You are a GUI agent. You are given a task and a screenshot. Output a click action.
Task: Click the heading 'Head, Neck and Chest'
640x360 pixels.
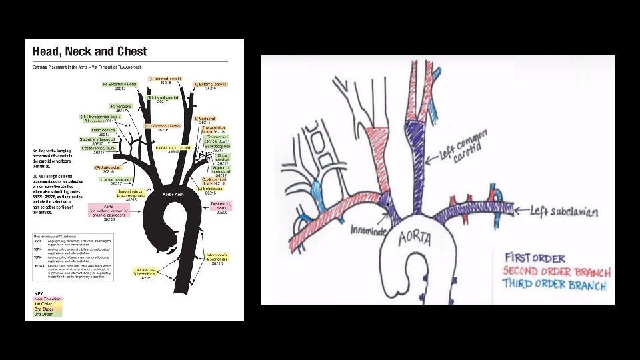coord(86,51)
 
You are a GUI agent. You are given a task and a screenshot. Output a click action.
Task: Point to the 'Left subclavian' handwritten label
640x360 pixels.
coord(564,212)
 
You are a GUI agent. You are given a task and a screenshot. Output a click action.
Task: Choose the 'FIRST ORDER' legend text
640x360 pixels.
coord(535,258)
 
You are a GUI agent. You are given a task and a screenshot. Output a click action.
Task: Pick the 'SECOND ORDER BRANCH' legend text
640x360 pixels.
coord(556,271)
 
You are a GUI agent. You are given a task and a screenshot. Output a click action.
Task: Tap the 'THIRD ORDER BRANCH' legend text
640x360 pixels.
coord(555,285)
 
